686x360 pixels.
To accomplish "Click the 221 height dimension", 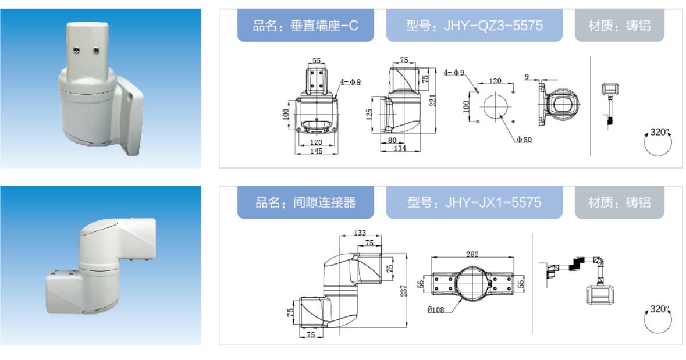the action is [433, 101].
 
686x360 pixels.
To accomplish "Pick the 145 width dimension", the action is [316, 151].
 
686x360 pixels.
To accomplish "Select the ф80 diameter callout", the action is [524, 140].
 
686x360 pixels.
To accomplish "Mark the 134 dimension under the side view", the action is [400, 149].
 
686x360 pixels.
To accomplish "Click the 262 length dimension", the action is [472, 254].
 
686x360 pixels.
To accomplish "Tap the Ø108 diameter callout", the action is [436, 310].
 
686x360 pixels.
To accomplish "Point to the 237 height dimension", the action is [403, 291].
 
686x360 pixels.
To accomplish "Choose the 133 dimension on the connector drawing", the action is [360, 233].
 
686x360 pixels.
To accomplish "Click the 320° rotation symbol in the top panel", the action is [659, 141].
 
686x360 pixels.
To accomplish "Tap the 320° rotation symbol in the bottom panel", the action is [659, 318].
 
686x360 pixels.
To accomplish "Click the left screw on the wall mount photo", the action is [77, 51].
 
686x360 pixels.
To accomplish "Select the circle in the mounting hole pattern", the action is [495, 107].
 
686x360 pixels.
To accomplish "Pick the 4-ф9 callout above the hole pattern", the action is [454, 73].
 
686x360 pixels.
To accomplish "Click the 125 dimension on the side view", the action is [369, 115].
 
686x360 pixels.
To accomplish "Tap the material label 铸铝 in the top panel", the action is [638, 26].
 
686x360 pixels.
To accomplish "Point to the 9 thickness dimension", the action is [527, 77].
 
